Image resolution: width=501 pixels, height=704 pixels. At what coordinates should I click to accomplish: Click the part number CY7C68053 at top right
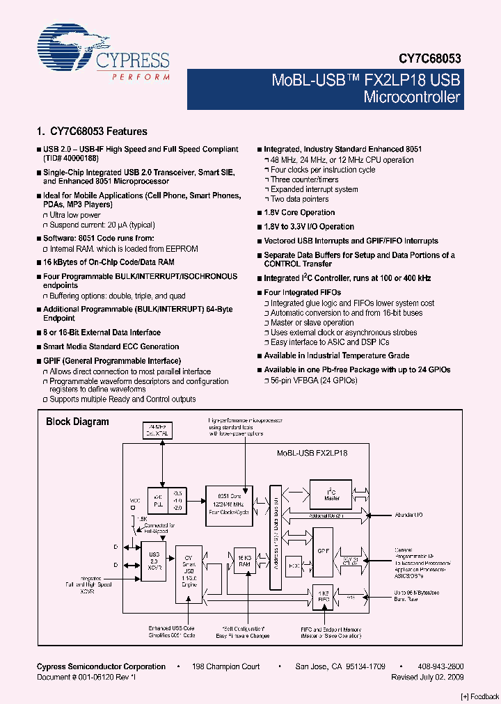click(x=429, y=60)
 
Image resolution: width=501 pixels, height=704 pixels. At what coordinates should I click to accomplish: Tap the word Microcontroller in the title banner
click(x=412, y=97)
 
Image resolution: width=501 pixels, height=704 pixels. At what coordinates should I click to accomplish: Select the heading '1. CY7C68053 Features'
click(x=91, y=131)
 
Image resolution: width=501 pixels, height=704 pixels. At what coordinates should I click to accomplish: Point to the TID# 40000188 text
click(x=71, y=159)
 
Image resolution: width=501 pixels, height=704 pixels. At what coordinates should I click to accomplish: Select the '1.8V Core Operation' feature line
click(x=299, y=213)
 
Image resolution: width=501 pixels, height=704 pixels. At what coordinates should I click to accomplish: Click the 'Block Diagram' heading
click(x=77, y=422)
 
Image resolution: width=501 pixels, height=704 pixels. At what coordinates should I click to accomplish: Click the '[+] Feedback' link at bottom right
click(x=479, y=696)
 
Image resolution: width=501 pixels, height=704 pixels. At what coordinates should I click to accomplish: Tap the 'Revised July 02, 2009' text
click(x=427, y=677)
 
